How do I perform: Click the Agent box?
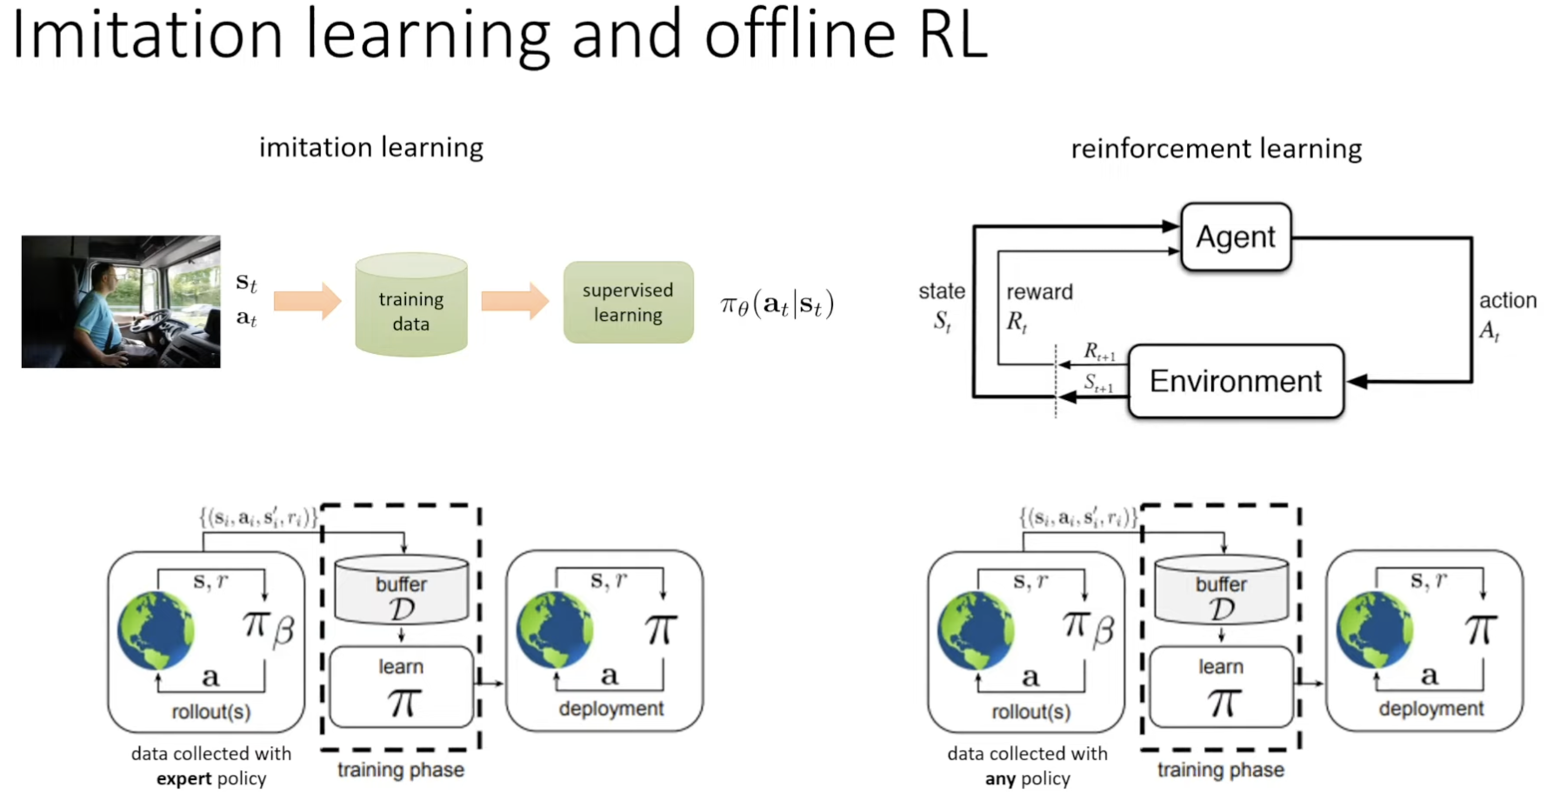coord(1236,237)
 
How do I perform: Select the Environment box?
coord(1236,381)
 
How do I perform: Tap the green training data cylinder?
coord(411,304)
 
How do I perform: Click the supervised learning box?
coord(628,303)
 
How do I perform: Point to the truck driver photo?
coord(121,301)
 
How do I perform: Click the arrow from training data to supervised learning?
coord(515,301)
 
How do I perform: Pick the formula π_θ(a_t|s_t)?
coord(777,304)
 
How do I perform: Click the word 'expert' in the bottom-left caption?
coord(184,779)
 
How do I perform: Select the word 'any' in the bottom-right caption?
coord(1000,779)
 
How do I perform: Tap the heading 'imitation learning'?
coord(371,148)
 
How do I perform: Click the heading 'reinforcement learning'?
coord(1217,149)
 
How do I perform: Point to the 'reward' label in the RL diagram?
coord(1039,292)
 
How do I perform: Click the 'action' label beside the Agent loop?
coord(1508,301)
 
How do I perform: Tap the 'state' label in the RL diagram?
coord(942,291)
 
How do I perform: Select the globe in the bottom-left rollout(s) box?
coord(157,630)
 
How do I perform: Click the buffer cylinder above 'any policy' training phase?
coord(1221,590)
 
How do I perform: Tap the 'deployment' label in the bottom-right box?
coord(1431,709)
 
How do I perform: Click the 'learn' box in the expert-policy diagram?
coord(402,687)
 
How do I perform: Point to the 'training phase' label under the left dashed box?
coord(401,770)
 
